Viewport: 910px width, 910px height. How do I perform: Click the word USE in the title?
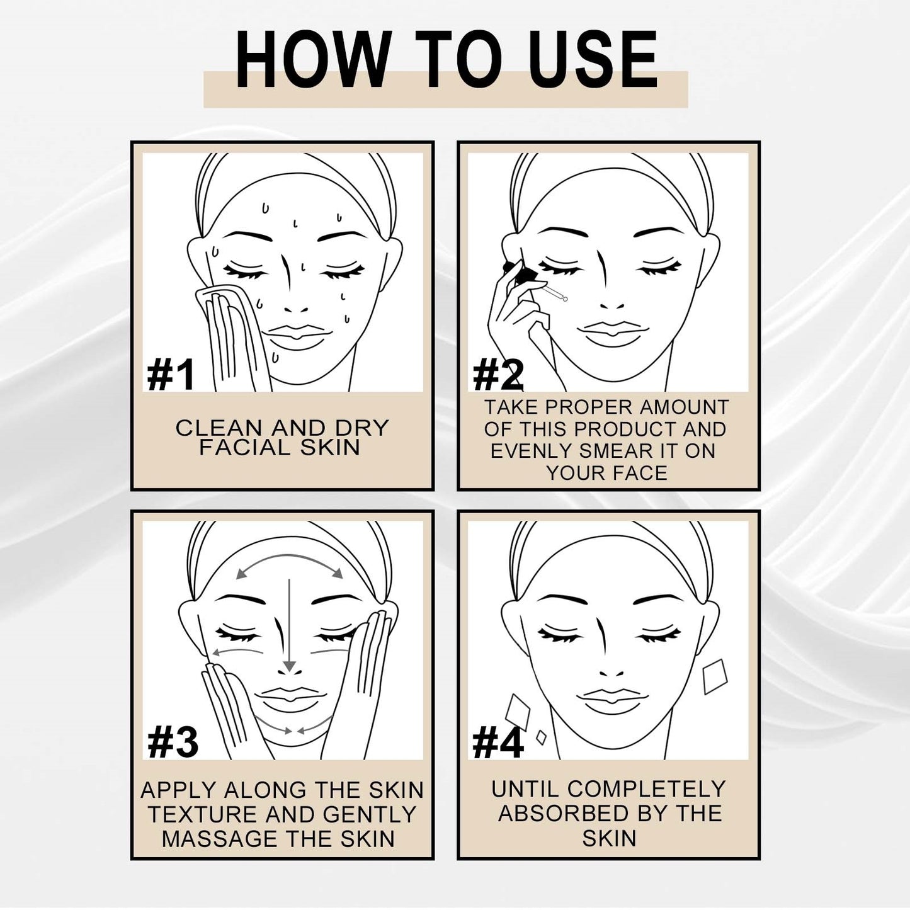[x=593, y=60]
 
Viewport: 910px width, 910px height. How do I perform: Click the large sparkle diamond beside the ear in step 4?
[x=715, y=676]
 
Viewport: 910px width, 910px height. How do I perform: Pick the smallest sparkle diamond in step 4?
[x=540, y=736]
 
